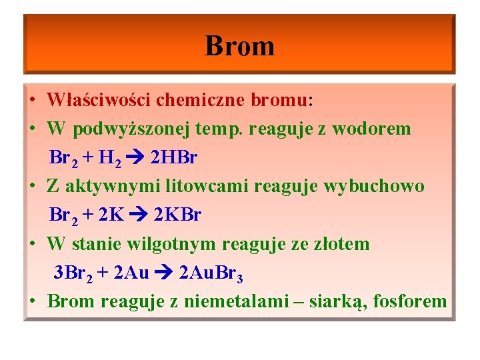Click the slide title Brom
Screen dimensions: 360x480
pyautogui.click(x=239, y=46)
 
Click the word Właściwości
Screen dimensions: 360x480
pyautogui.click(x=99, y=100)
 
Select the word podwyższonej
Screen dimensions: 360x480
pyautogui.click(x=139, y=129)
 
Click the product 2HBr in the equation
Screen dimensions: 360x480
pyautogui.click(x=174, y=158)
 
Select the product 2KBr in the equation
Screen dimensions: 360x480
pyautogui.click(x=177, y=215)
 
